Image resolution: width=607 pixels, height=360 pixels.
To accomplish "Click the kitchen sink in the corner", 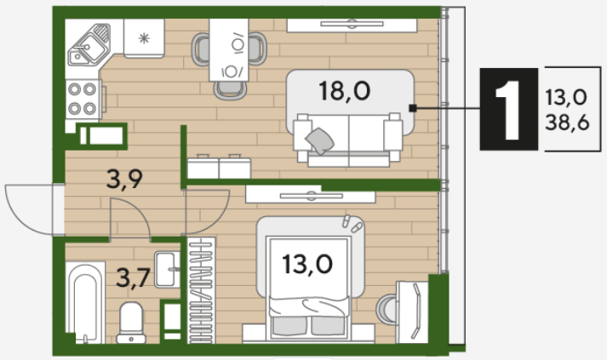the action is coord(89,45).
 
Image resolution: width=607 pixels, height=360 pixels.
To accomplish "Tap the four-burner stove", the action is coord(83,99).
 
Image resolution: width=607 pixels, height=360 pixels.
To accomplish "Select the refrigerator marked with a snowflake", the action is coord(144,38).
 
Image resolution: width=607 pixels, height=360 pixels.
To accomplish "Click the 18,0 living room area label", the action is coord(344,91).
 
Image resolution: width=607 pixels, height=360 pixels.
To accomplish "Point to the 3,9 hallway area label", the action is coord(124,180).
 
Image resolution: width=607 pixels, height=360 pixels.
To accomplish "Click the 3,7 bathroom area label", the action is coord(133,278).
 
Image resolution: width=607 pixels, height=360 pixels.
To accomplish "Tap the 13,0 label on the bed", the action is coord(307,265).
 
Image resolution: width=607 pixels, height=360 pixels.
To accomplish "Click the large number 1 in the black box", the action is coord(508,110).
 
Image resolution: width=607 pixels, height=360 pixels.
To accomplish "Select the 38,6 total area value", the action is coord(567,123).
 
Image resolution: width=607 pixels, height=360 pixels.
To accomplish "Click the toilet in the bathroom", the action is coord(131,323).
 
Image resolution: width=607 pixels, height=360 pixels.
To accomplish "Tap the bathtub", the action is coord(85,303).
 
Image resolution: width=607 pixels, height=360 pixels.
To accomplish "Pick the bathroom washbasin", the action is coord(167,270).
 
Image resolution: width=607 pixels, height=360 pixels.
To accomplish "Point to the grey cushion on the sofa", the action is coord(320,141).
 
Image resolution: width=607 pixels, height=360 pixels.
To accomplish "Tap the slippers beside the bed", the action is coord(352,224).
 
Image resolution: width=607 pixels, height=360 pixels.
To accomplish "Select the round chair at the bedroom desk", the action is coord(387,309).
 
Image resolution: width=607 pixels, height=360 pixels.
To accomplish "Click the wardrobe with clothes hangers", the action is coord(201,290).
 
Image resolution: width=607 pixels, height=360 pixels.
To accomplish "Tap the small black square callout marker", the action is coord(413,108).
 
